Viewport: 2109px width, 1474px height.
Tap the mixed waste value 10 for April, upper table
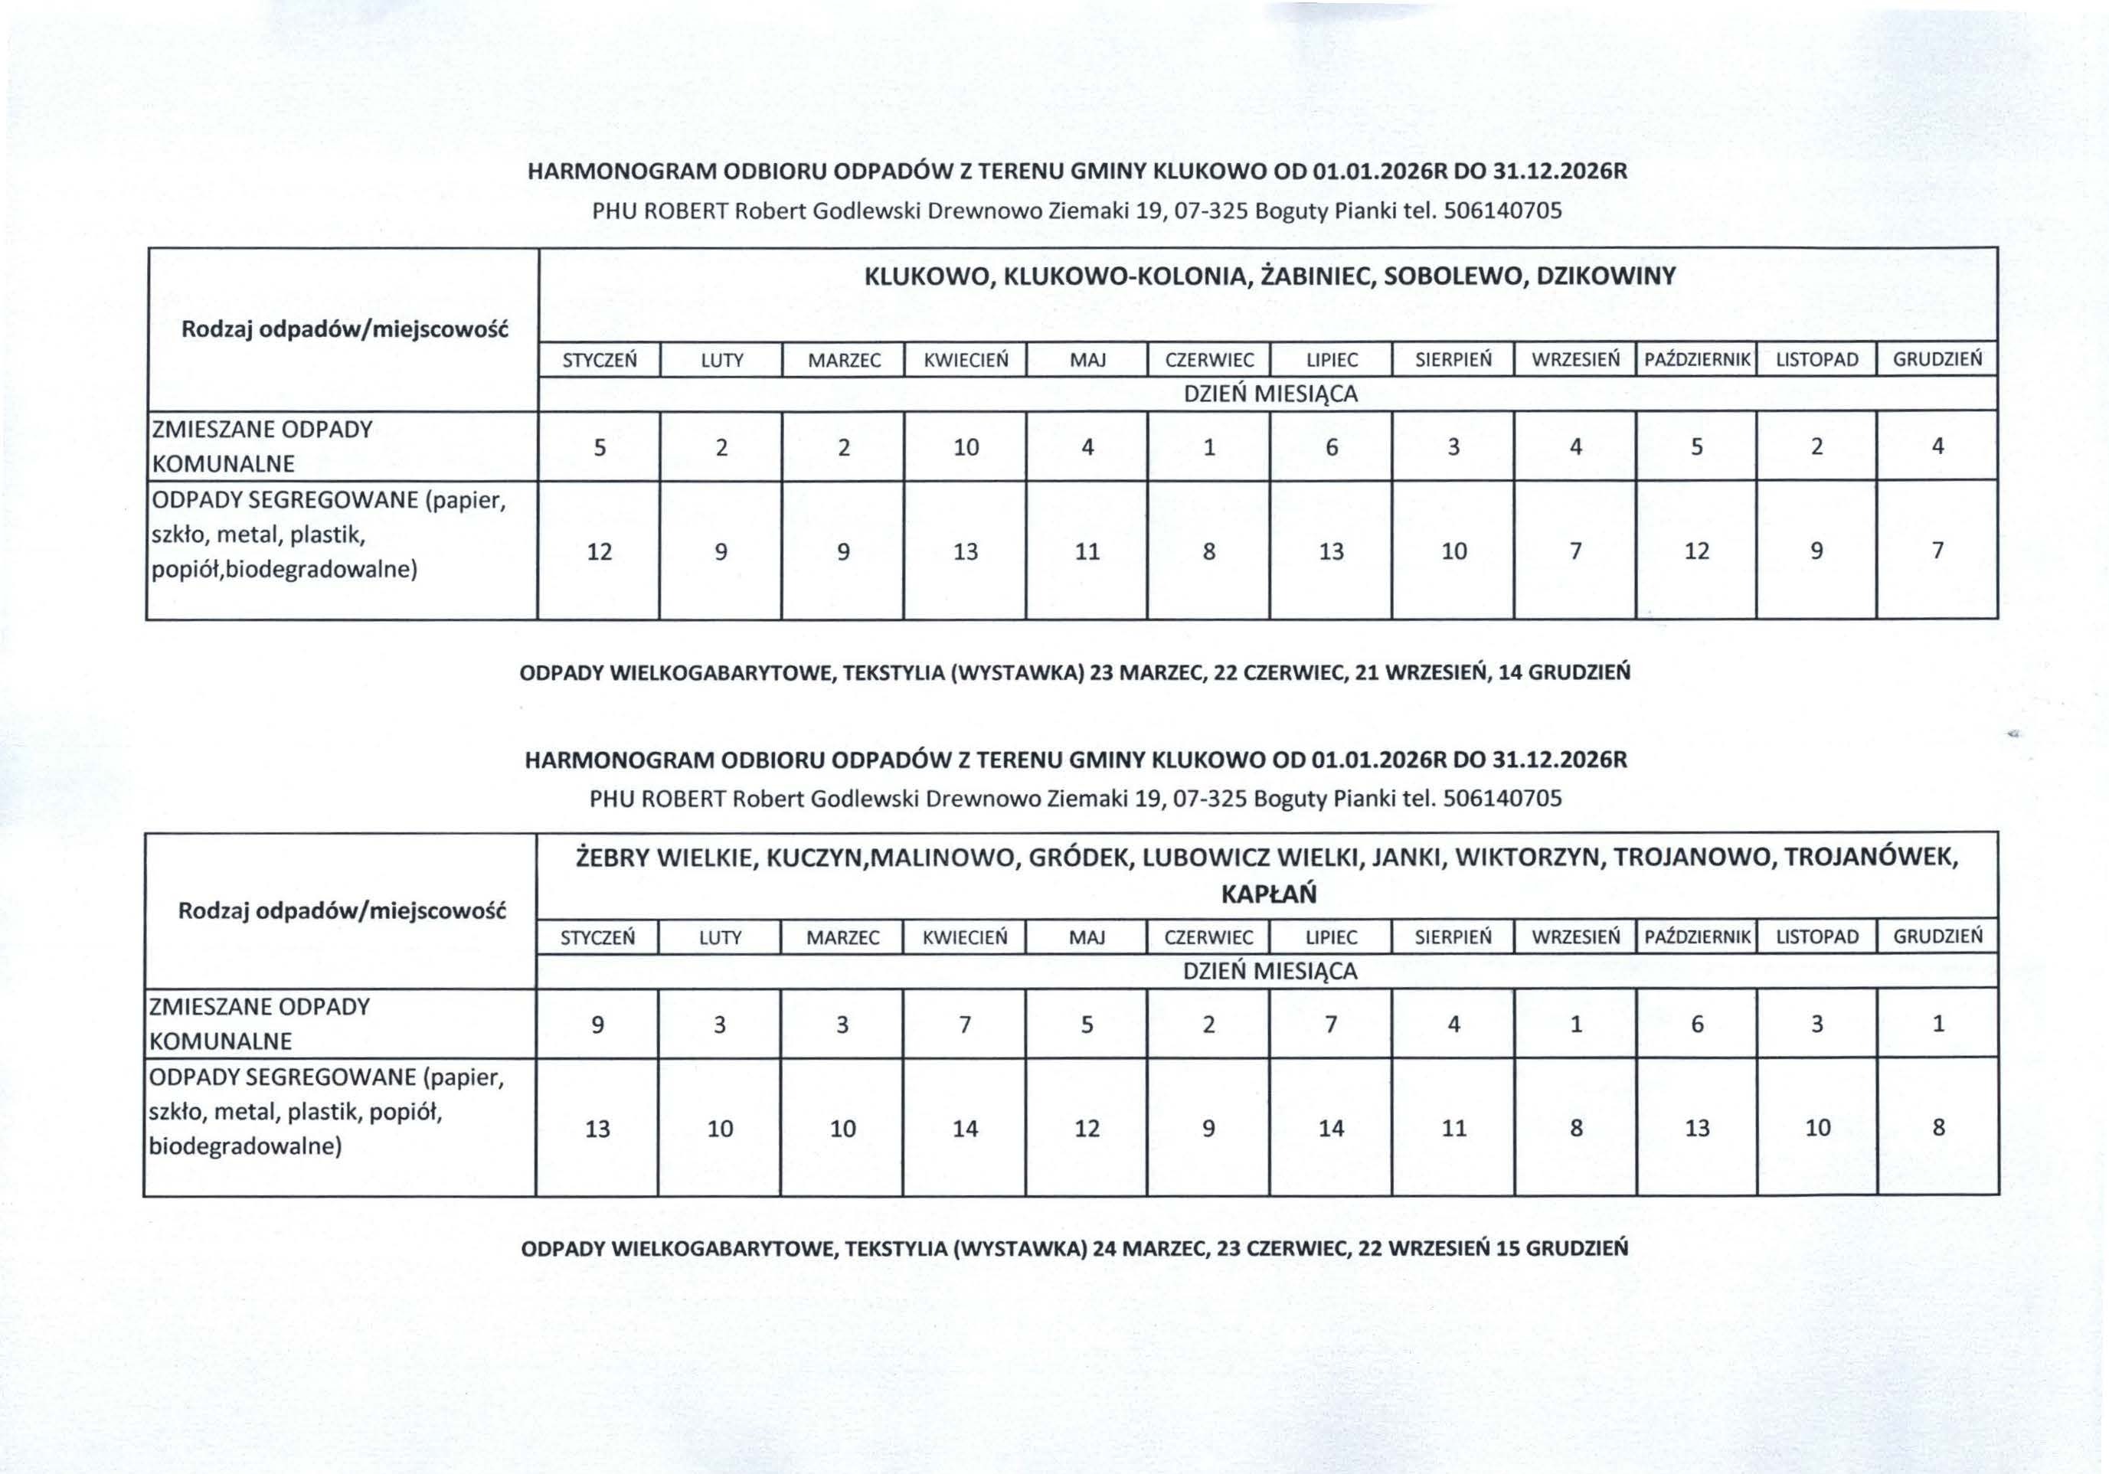(966, 448)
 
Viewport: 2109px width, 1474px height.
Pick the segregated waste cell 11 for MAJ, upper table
(1087, 552)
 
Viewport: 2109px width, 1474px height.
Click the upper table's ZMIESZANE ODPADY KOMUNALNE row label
(262, 446)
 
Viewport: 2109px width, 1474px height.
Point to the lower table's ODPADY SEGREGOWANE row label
(326, 1111)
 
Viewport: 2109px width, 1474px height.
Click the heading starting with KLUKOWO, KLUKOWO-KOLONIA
(1270, 276)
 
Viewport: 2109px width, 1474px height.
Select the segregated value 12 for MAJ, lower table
(1087, 1129)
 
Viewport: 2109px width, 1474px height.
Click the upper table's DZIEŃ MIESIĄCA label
(1270, 395)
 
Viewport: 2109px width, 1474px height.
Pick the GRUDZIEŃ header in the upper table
(1937, 360)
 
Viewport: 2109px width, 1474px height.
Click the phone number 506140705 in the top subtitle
(1502, 212)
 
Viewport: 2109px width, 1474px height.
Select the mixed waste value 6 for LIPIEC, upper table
(1331, 448)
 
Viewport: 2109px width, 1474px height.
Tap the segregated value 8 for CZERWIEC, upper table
(1209, 552)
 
